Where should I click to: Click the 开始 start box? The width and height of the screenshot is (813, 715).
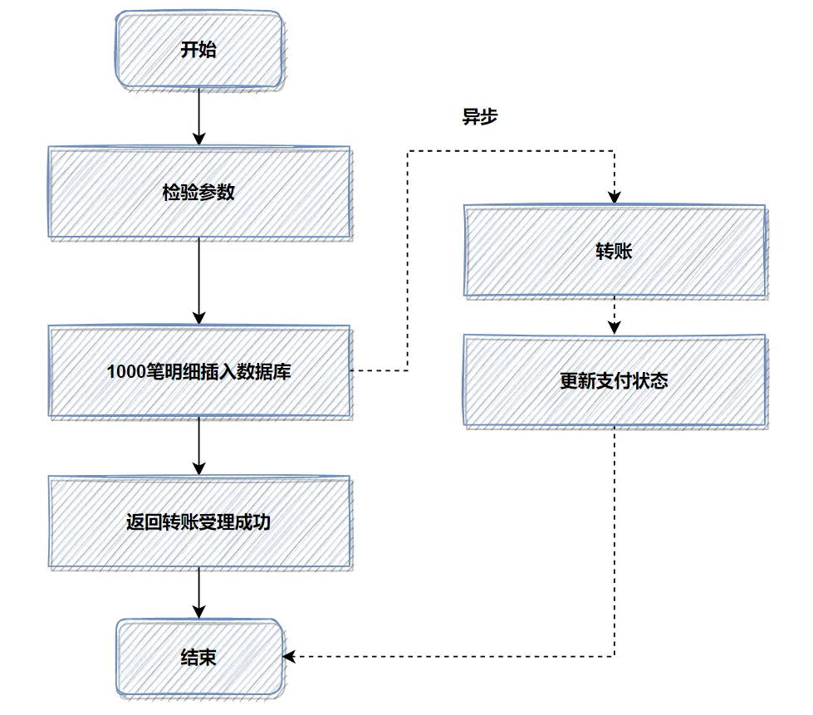click(198, 51)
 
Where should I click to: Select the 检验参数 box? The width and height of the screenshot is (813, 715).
click(198, 193)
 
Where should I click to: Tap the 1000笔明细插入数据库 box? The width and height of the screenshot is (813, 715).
click(198, 371)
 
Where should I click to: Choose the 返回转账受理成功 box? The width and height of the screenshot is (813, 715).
click(198, 522)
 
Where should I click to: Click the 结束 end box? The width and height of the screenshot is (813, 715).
click(198, 657)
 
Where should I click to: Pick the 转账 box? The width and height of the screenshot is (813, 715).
click(614, 252)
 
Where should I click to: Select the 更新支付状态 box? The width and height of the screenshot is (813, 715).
click(614, 381)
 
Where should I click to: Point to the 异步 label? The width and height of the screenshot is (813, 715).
click(479, 117)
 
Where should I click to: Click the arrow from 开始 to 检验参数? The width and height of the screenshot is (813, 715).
click(198, 116)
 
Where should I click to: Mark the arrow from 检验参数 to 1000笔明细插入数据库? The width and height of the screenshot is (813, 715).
click(198, 282)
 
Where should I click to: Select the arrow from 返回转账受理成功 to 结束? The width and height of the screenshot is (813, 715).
click(198, 593)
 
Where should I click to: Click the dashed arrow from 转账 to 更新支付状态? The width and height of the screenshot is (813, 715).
click(614, 316)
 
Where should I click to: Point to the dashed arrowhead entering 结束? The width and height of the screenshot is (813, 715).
click(289, 657)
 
